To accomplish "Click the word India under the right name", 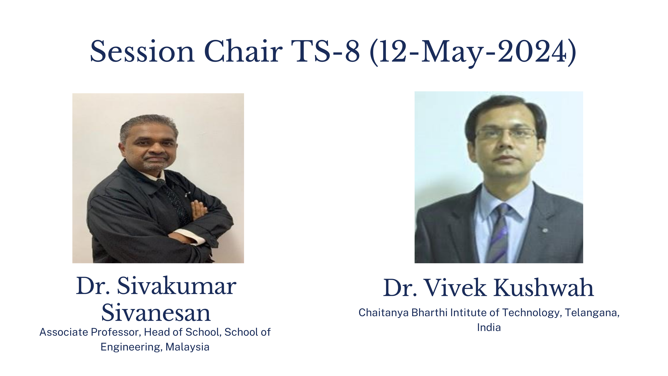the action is click(x=489, y=327).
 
